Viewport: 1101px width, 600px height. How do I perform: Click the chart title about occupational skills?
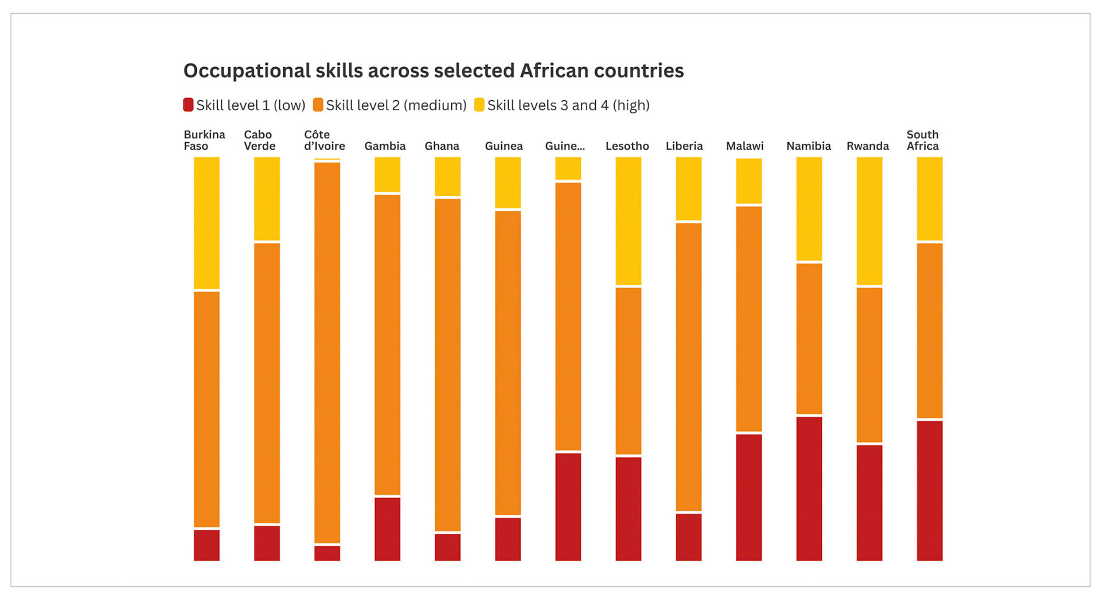[433, 70]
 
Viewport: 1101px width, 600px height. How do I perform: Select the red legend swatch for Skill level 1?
[188, 105]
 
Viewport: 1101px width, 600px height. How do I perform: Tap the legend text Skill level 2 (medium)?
[396, 105]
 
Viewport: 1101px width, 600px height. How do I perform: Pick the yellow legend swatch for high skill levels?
[479, 105]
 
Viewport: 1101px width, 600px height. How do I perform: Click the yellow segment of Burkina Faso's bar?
[206, 223]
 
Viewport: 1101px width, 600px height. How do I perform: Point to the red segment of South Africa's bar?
[930, 490]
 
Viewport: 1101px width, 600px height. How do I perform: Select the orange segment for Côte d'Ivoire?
[327, 352]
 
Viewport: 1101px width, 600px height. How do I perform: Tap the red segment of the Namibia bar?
[809, 488]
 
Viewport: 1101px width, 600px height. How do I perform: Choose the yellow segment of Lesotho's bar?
[628, 221]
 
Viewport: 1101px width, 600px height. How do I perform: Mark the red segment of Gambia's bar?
[387, 528]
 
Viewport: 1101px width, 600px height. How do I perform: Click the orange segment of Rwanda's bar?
[869, 365]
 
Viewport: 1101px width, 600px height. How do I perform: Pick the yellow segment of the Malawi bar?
[749, 181]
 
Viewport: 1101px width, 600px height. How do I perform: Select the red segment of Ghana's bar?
[447, 547]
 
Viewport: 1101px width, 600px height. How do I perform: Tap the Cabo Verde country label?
[259, 140]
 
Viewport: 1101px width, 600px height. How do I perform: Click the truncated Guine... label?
[565, 146]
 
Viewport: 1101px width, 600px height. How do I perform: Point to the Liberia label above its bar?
[684, 146]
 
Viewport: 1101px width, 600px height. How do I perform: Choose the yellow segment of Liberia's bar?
[689, 189]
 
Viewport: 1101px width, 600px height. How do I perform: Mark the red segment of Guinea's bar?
[507, 539]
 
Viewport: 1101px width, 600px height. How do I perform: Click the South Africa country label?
[922, 140]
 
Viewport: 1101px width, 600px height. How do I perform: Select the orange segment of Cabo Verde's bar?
[267, 383]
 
